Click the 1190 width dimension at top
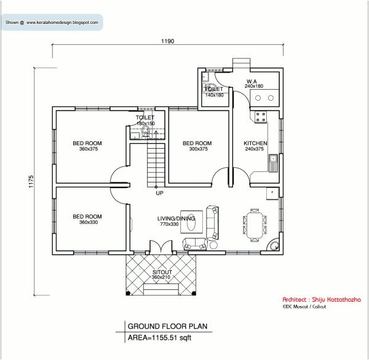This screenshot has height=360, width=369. tap(168, 42)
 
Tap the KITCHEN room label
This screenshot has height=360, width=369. tap(255, 143)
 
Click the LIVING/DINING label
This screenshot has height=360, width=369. tap(176, 219)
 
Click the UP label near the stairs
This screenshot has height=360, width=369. tap(159, 193)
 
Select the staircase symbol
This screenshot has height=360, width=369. tap(156, 163)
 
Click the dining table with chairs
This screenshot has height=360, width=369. tap(254, 224)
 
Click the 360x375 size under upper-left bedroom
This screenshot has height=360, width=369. tap(87, 149)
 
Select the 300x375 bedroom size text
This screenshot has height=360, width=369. tap(197, 149)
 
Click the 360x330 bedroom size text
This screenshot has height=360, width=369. tap(87, 222)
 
